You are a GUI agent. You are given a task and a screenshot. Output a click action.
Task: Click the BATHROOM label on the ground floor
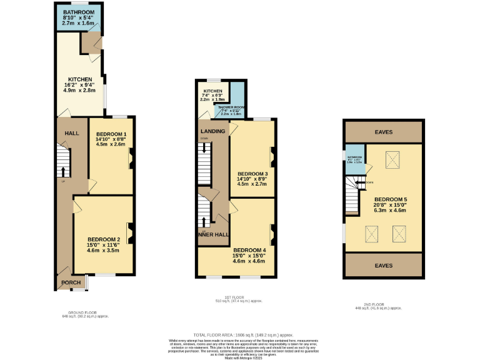tap(79, 12)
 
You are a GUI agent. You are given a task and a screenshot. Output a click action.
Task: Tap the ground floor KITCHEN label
tap(80, 79)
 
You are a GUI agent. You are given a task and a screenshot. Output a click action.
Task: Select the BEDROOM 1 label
tap(112, 134)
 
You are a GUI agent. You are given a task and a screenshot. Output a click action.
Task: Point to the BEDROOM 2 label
tap(104, 239)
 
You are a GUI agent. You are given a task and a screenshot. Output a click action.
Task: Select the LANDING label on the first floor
tap(212, 130)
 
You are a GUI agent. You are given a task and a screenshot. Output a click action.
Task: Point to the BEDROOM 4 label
tap(250, 251)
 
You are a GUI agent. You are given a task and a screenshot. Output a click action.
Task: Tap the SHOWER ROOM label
tap(230, 108)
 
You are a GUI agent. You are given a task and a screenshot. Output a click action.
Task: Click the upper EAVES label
tap(384, 131)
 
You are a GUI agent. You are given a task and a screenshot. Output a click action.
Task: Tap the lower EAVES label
tap(384, 265)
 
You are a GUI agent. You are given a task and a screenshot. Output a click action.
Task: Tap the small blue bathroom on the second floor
tap(355, 159)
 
